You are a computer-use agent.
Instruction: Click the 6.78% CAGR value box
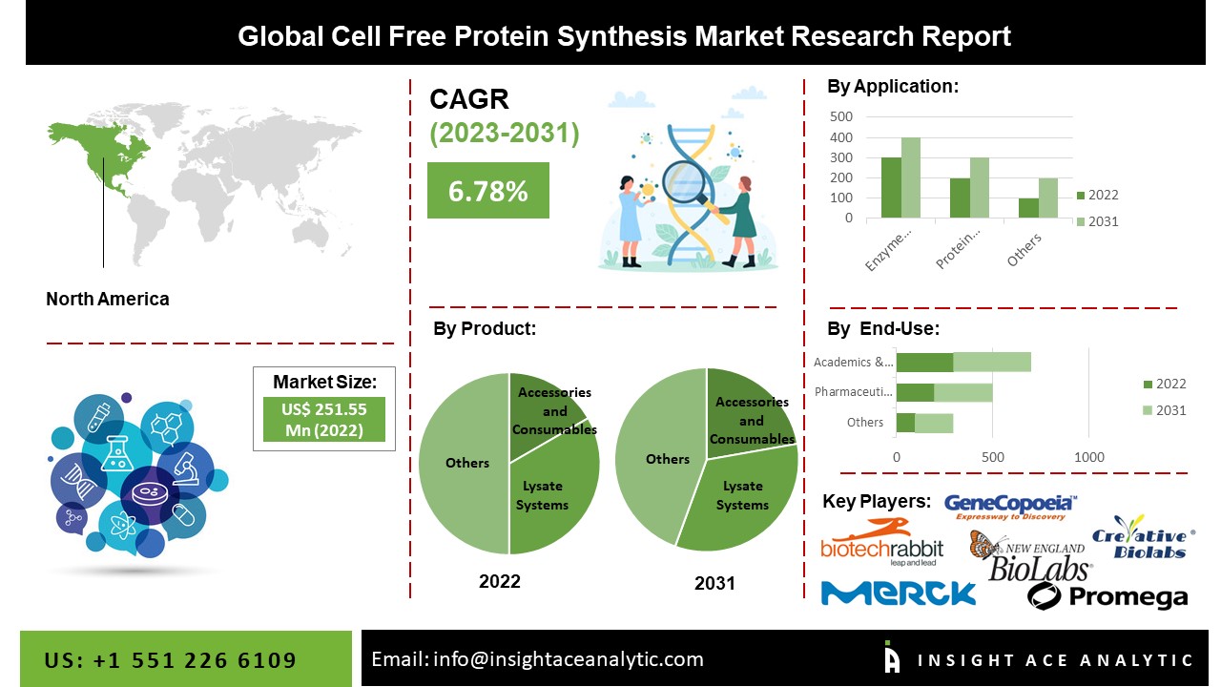point(487,190)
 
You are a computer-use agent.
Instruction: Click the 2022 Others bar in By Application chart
point(1028,208)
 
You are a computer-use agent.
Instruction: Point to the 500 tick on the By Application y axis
point(841,116)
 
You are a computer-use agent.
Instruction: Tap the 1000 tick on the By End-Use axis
point(1088,457)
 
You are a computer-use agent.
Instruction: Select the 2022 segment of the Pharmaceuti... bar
point(915,392)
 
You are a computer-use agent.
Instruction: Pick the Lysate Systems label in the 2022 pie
point(542,495)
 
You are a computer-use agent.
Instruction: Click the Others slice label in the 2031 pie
point(667,459)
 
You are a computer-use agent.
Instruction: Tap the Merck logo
point(898,593)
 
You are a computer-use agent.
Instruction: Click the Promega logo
point(1107,596)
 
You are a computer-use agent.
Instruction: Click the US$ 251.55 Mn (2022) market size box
point(324,419)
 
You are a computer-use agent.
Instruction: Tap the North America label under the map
point(108,299)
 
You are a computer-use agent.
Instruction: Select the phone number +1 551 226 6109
point(172,660)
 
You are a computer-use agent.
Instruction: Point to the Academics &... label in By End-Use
point(854,362)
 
